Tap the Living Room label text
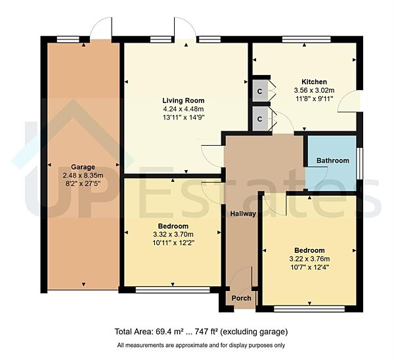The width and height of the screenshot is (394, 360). (x=174, y=101)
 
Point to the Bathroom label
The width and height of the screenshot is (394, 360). (x=332, y=160)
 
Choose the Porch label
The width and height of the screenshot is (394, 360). (x=242, y=298)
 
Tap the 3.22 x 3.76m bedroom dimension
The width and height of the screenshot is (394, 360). (x=309, y=259)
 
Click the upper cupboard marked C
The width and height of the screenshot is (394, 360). (x=260, y=90)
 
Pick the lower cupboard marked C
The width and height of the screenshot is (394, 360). (x=260, y=118)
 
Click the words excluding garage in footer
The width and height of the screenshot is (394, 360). (x=253, y=332)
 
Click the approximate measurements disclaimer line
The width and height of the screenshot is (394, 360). (x=201, y=346)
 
